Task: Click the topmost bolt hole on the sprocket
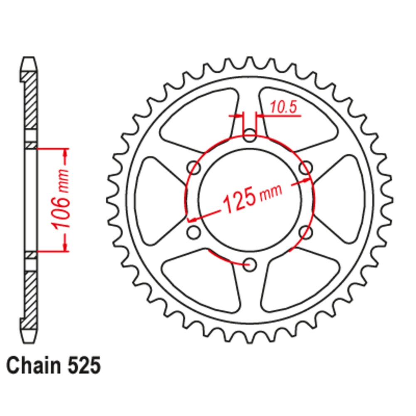[x=250, y=135]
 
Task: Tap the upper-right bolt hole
[x=306, y=168]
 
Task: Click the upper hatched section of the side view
[x=30, y=100]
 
